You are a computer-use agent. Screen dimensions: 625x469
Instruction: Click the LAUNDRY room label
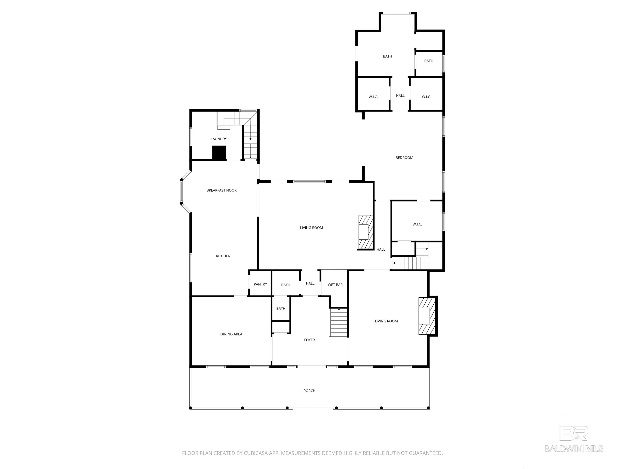pyautogui.click(x=219, y=139)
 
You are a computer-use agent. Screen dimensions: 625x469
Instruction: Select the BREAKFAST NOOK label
pyautogui.click(x=222, y=190)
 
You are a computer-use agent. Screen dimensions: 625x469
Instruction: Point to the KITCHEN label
pyautogui.click(x=223, y=256)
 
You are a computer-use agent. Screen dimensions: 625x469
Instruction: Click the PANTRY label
pyautogui.click(x=260, y=284)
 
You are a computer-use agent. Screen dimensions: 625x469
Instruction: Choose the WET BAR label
pyautogui.click(x=335, y=285)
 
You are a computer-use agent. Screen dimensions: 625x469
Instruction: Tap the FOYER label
pyautogui.click(x=309, y=340)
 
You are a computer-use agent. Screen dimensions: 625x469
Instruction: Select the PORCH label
pyautogui.click(x=309, y=390)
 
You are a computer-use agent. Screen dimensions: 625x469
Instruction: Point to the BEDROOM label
pyautogui.click(x=404, y=158)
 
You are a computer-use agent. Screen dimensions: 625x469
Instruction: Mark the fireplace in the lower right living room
pyautogui.click(x=427, y=316)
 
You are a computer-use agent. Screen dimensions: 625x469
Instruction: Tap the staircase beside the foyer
pyautogui.click(x=338, y=322)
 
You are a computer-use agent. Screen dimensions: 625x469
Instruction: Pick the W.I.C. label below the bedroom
pyautogui.click(x=417, y=224)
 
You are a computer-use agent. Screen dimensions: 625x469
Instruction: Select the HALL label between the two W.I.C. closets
pyautogui.click(x=400, y=95)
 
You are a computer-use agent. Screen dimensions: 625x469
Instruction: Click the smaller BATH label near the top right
pyautogui.click(x=429, y=61)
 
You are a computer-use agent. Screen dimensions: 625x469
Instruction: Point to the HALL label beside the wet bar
pyautogui.click(x=310, y=283)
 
